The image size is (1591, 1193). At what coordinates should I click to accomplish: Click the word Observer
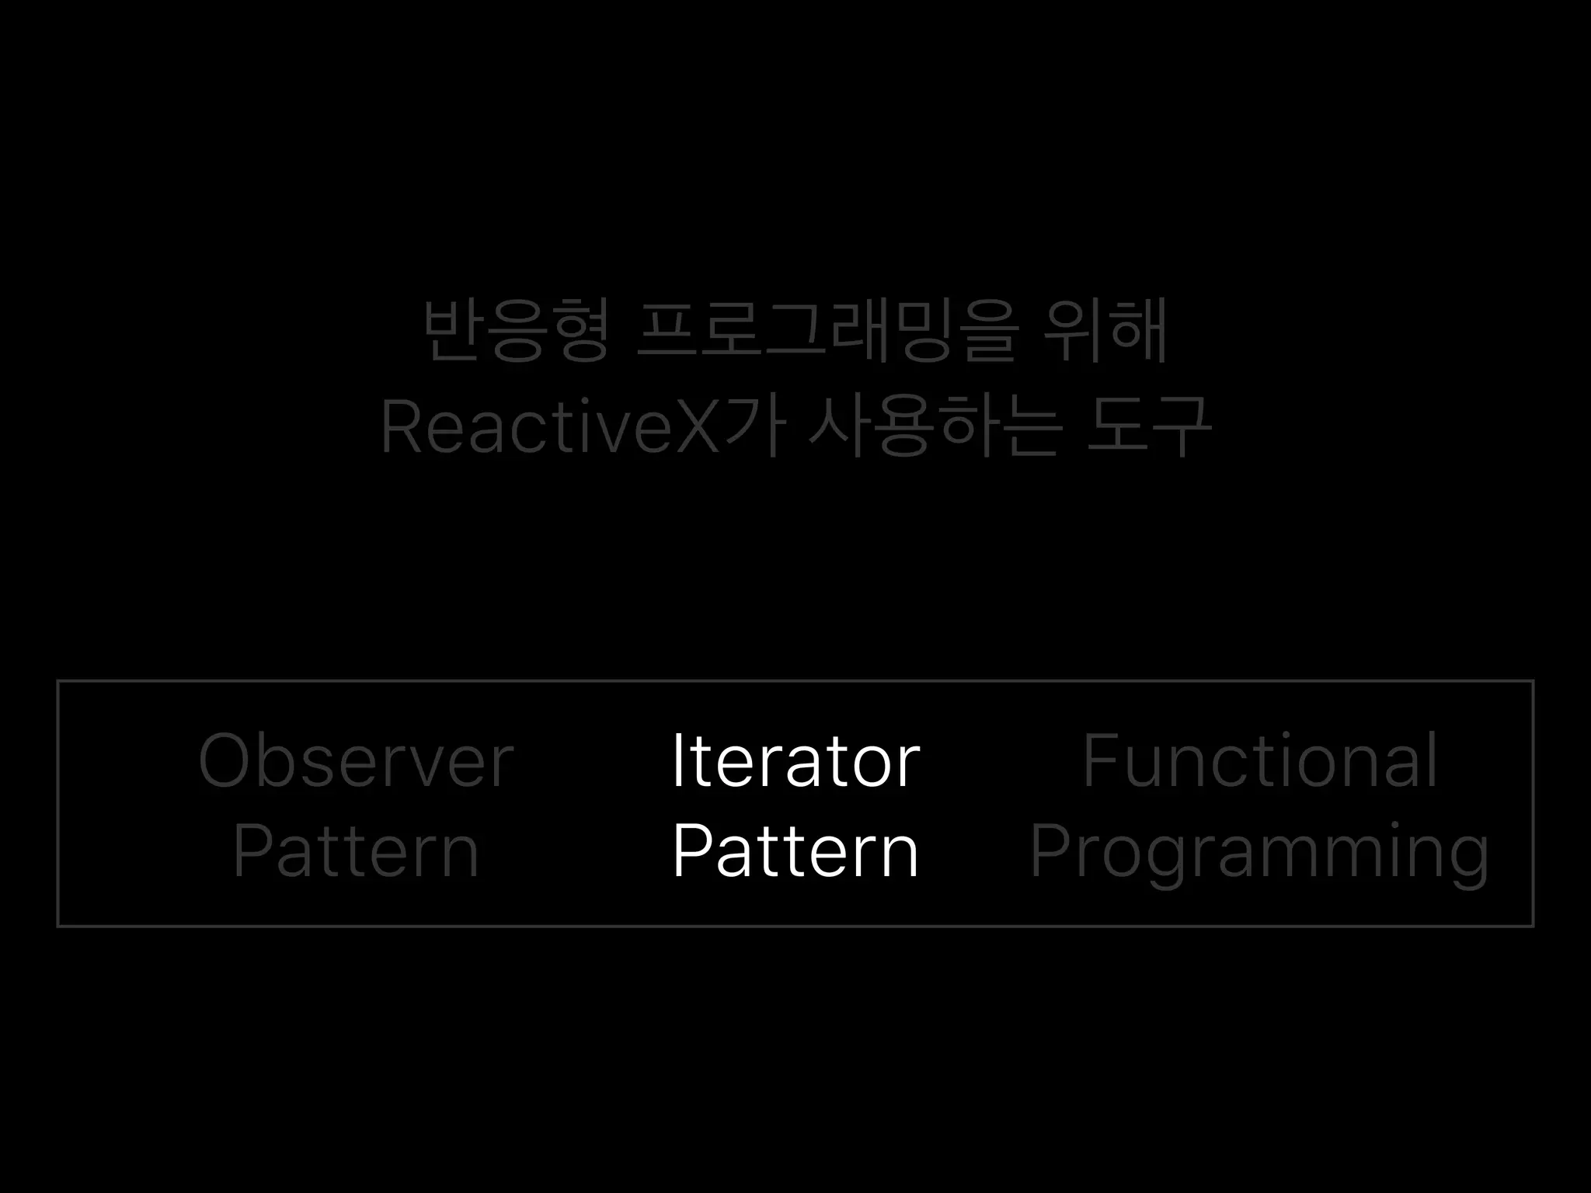point(356,760)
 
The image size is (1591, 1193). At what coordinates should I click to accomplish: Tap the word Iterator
point(795,760)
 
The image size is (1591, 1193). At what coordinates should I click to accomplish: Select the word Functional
point(1259,760)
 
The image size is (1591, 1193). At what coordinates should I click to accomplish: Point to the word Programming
point(1259,854)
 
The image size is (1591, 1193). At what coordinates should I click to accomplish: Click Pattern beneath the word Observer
point(356,852)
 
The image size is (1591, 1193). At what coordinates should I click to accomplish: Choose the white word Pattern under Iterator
point(795,852)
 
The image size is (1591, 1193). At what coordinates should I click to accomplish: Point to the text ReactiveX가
point(583,426)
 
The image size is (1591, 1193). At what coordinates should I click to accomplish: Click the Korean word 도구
point(1147,426)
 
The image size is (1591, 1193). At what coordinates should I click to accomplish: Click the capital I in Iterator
point(677,760)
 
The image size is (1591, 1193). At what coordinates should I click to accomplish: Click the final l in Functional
point(1430,760)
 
